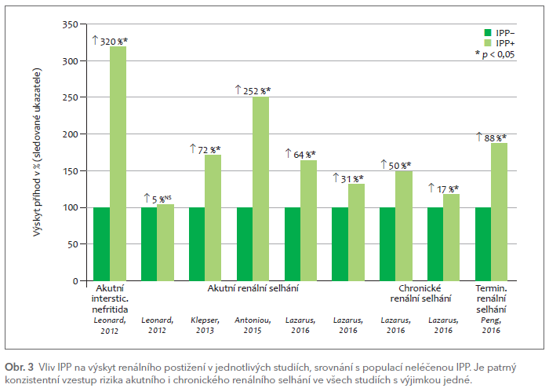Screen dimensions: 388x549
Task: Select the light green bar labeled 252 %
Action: [x=260, y=189]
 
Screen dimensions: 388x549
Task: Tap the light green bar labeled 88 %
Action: [x=499, y=212]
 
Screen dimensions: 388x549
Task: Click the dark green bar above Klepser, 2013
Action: [x=197, y=243]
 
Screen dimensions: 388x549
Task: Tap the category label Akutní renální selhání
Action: [x=253, y=288]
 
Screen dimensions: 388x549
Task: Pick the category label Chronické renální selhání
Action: [x=420, y=293]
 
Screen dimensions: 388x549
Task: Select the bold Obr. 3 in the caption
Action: [x=19, y=368]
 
